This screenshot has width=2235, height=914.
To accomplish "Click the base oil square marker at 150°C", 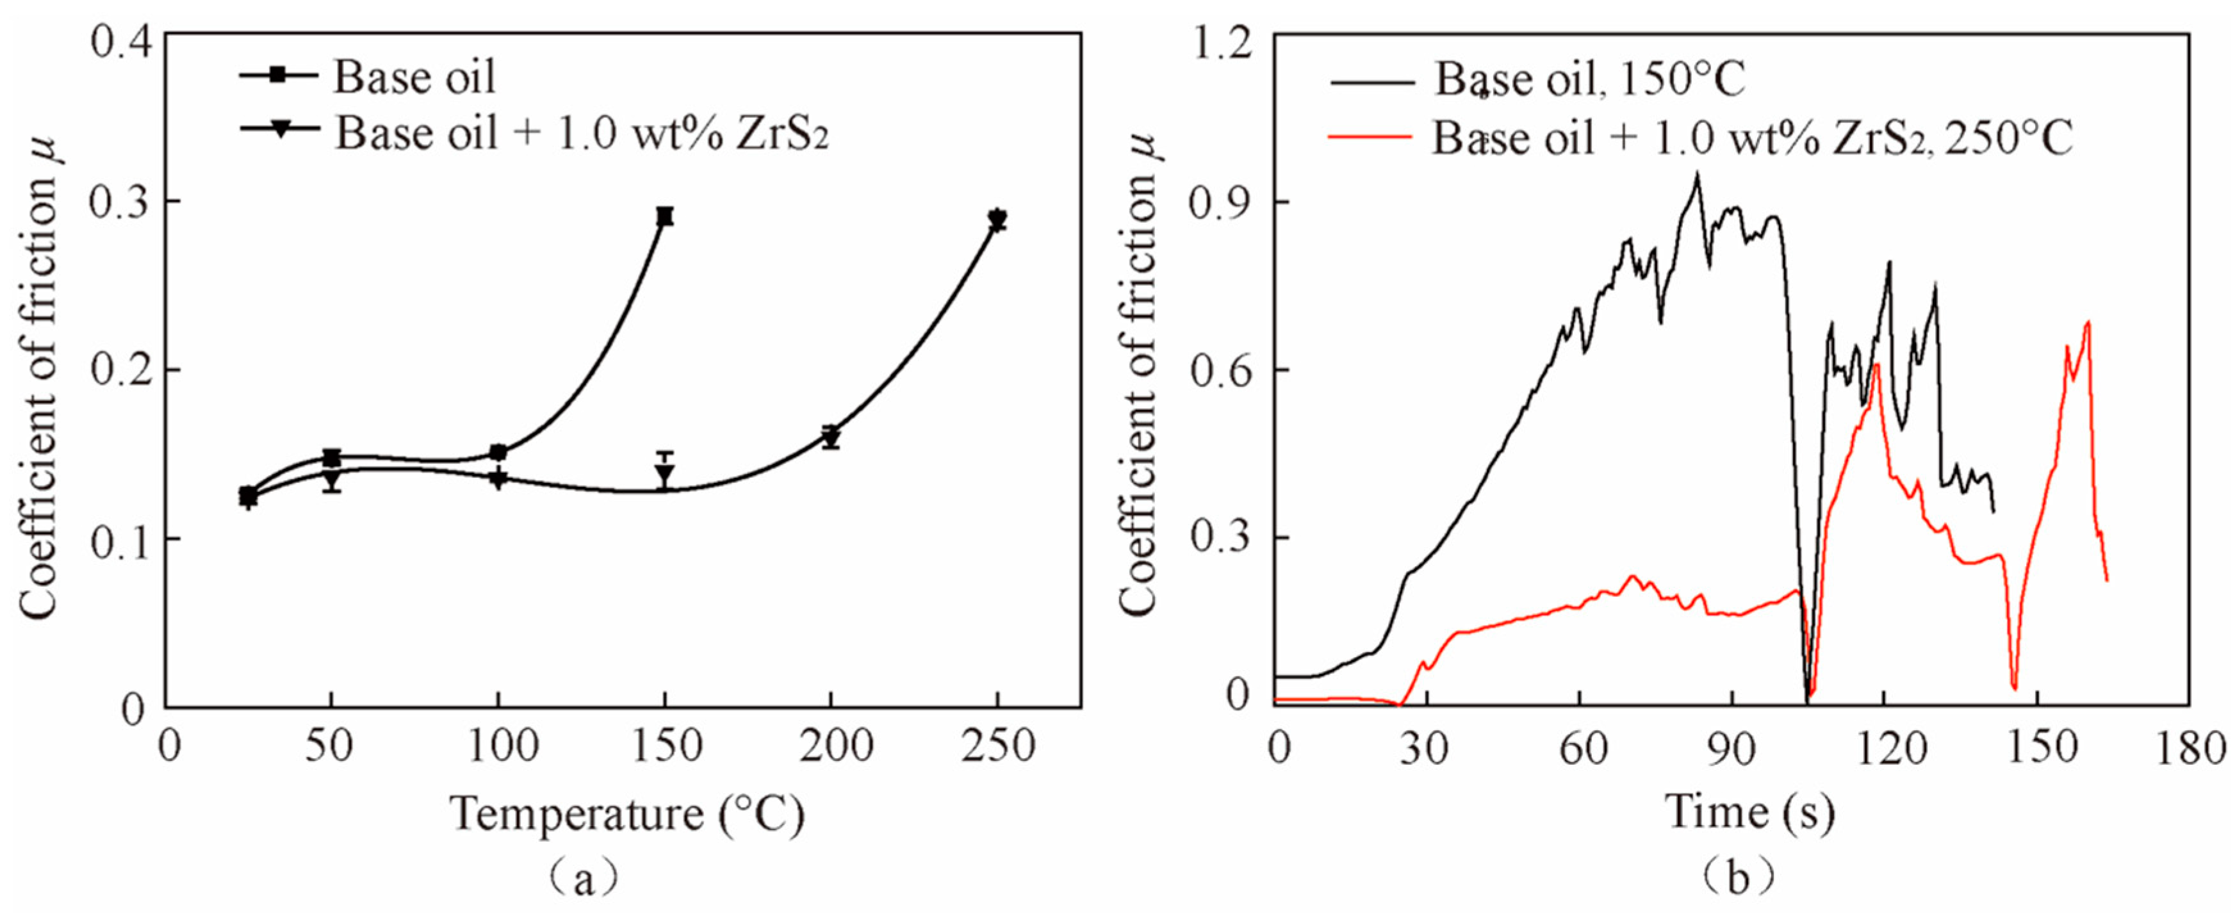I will [x=664, y=216].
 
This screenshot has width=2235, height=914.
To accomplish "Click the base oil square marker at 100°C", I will [x=498, y=452].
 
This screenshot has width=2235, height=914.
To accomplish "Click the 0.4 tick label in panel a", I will [x=122, y=42].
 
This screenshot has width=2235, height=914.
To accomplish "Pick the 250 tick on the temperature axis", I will [x=998, y=746].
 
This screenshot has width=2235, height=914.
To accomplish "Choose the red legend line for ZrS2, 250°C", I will [x=1369, y=137].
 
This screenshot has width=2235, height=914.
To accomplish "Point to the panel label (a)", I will [x=583, y=879].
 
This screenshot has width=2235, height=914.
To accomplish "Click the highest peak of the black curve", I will [x=1696, y=174].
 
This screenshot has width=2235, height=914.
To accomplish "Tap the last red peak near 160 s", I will [x=2086, y=323].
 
